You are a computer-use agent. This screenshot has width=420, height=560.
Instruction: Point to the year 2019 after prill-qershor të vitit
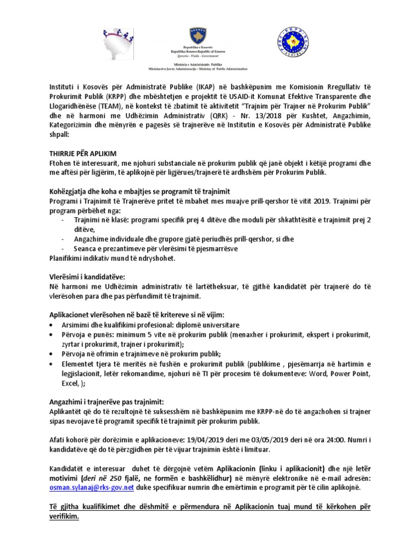coord(319,201)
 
